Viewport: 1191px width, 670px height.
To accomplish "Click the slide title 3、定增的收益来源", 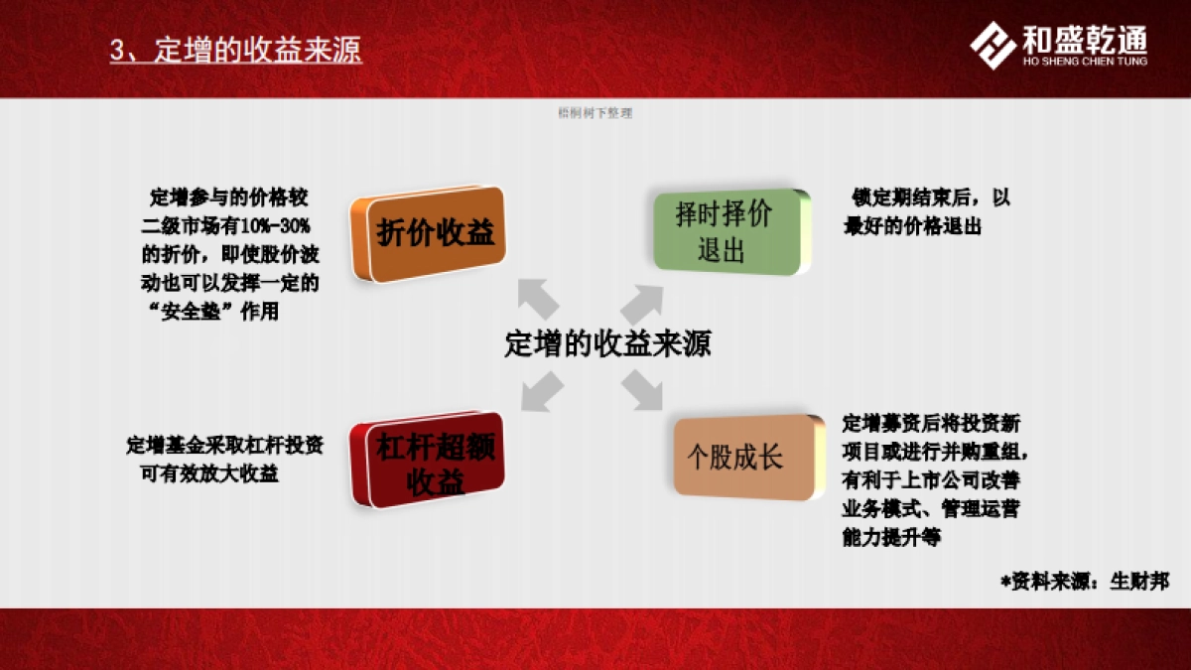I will [236, 51].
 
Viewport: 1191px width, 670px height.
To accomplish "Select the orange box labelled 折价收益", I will [429, 234].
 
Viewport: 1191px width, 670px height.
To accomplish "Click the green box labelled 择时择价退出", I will [728, 231].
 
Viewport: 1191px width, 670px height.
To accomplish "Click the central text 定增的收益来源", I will [607, 344].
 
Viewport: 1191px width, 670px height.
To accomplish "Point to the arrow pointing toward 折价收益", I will [539, 299].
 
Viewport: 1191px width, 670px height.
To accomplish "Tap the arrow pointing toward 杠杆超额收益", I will [542, 391].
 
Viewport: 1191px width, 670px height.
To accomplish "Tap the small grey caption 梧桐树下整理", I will [595, 113].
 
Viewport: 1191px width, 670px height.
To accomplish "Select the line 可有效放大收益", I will [209, 473].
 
